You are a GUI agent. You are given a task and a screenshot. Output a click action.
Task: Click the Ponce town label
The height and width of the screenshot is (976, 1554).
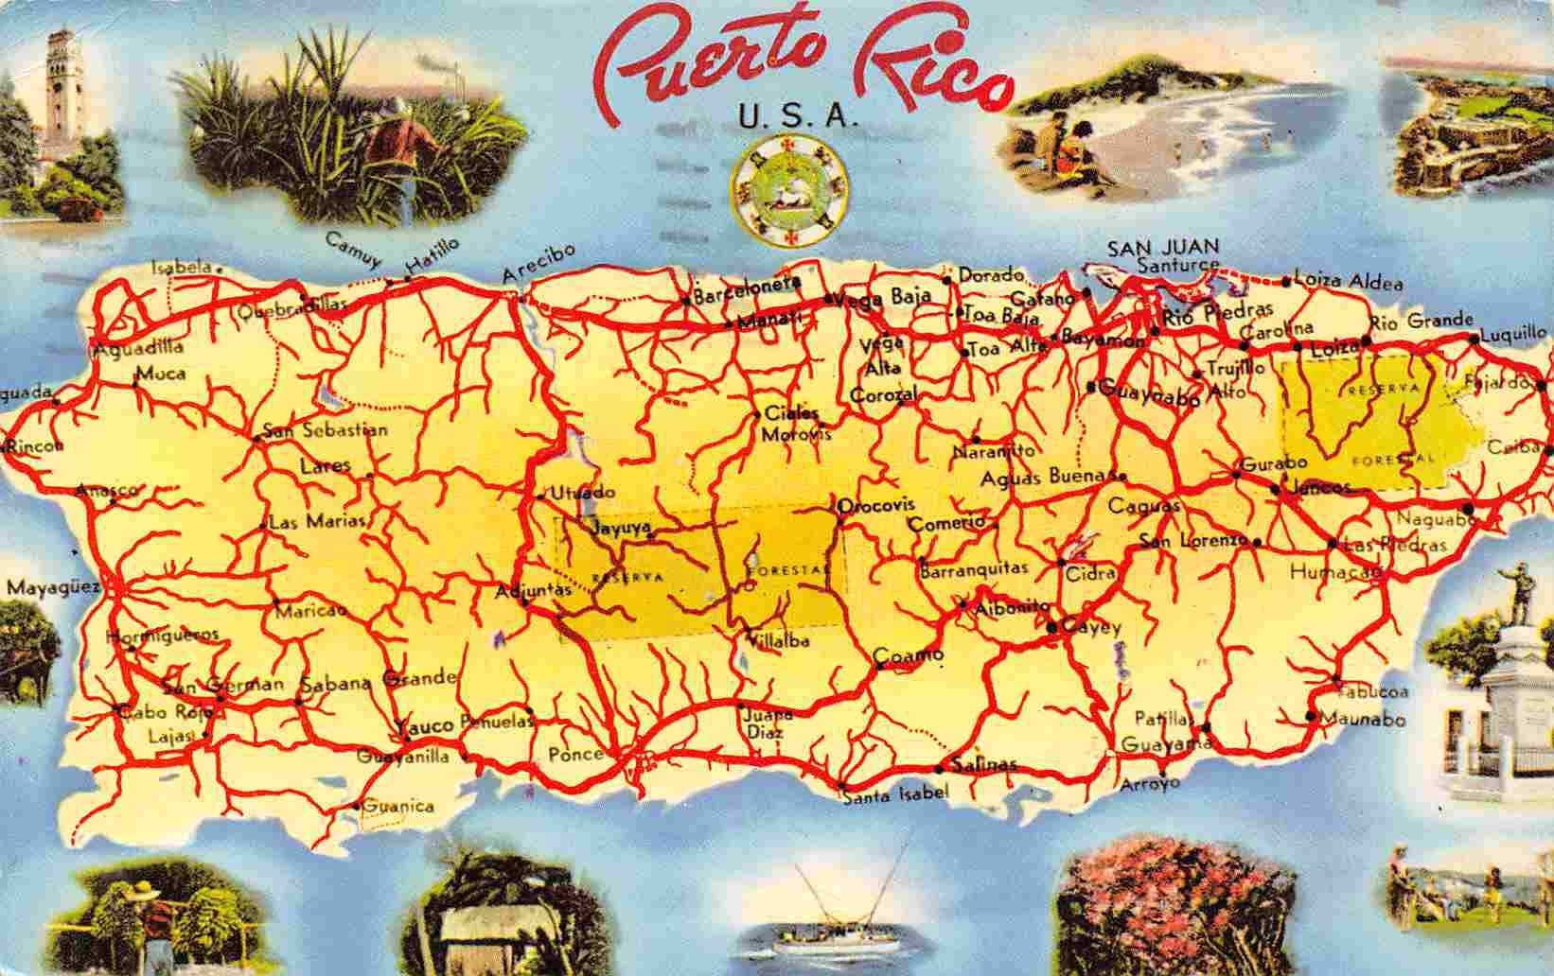575,754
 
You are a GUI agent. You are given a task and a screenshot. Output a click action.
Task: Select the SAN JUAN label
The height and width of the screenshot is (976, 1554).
1163,248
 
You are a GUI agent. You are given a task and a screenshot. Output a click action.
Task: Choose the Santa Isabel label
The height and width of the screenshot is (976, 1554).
894,794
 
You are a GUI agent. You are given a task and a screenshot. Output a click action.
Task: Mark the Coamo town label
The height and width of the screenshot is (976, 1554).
909,654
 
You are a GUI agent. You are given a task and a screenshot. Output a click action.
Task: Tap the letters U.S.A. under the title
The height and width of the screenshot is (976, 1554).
795,120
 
